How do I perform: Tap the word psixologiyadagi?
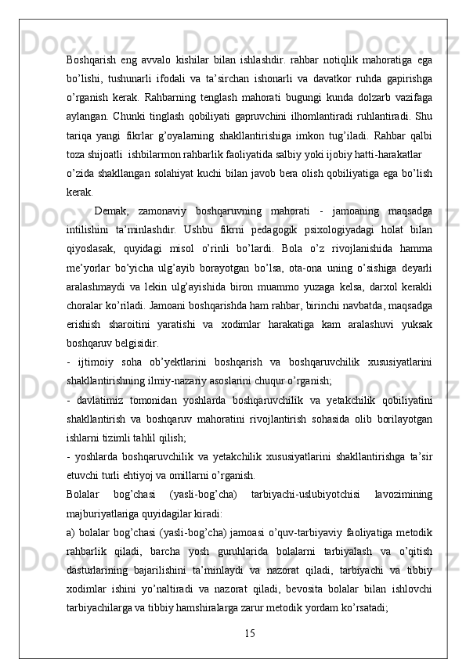(x=328, y=226)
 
